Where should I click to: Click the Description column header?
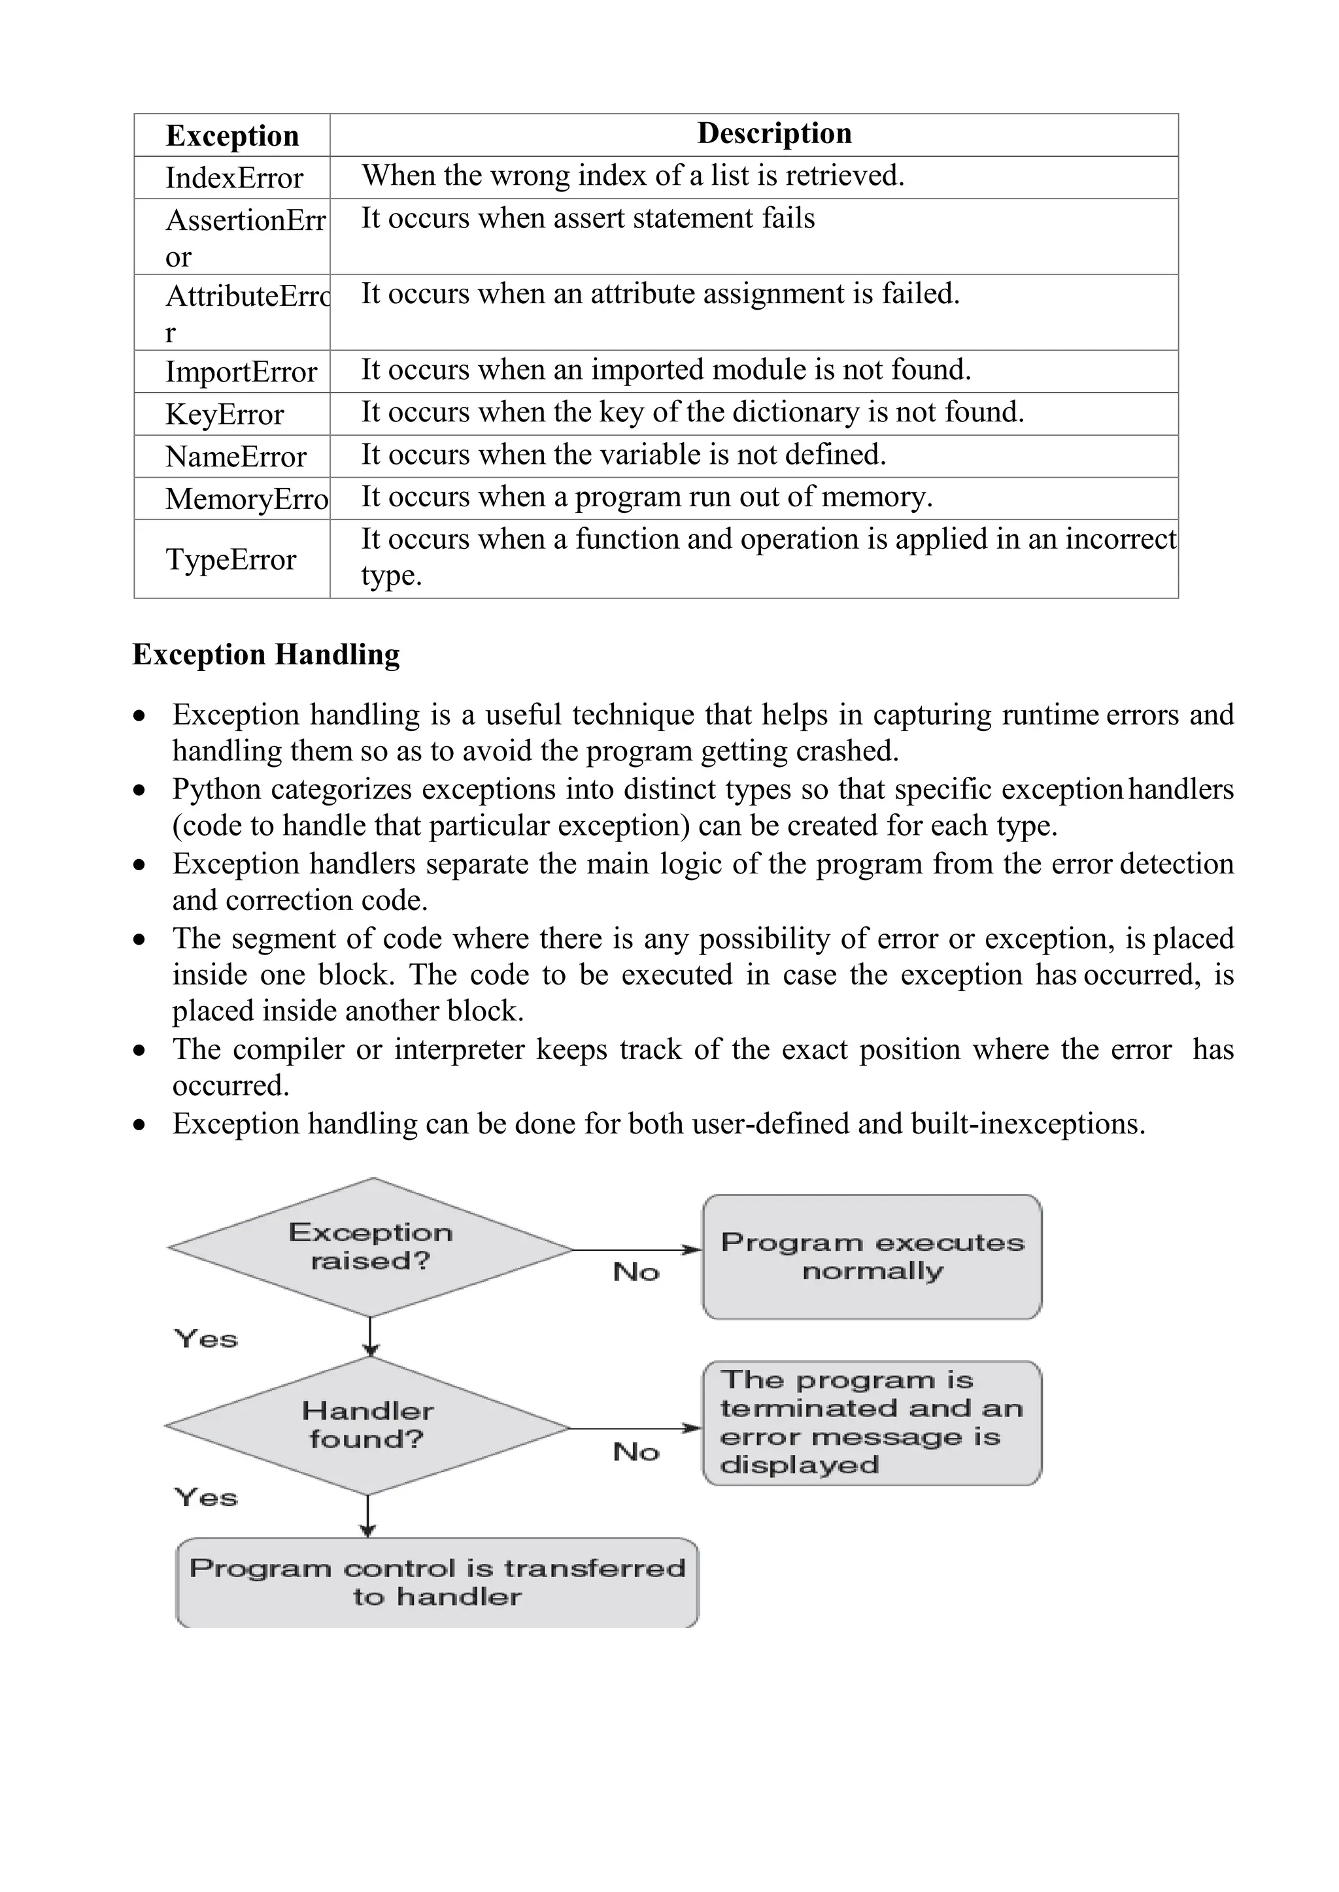pos(773,133)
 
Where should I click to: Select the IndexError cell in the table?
pos(234,178)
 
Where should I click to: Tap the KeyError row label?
pos(224,414)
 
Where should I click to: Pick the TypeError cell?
pos(231,559)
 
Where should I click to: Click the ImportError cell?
pos(241,372)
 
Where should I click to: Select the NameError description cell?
pos(623,455)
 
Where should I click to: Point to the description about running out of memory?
pos(647,497)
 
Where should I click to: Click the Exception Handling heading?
pos(265,654)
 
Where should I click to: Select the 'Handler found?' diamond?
pos(367,1425)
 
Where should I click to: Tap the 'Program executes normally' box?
pos(872,1257)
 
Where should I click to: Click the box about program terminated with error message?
pos(872,1423)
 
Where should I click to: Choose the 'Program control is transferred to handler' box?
pos(437,1582)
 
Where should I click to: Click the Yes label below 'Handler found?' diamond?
pos(205,1497)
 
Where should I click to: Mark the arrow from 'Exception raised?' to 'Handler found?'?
pos(370,1337)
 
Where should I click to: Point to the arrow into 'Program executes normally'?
pos(637,1250)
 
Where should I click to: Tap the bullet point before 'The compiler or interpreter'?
pos(140,1051)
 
